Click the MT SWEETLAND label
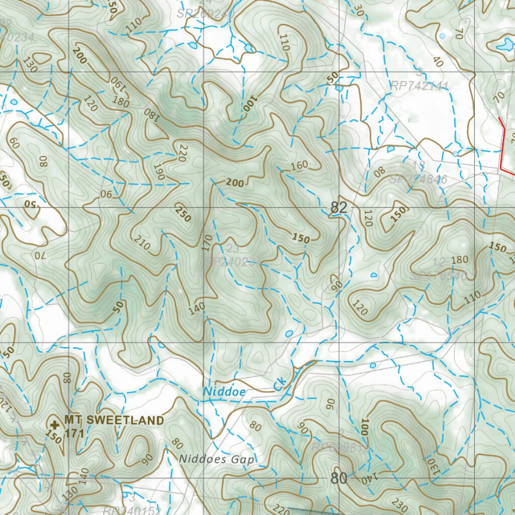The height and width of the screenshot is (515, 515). coord(114,420)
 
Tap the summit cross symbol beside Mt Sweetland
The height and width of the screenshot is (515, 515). coord(55,425)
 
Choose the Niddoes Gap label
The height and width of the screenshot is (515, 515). coord(217,459)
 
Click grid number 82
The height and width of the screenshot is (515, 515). coord(339,208)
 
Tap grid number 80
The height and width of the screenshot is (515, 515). coord(339,478)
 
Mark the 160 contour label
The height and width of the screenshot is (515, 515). coord(299,165)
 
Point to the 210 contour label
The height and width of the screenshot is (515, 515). coord(143,245)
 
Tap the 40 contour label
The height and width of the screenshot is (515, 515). coord(438,62)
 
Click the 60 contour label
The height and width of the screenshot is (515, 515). coord(14,143)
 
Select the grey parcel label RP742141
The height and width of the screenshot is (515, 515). coord(419,86)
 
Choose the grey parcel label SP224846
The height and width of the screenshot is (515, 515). coord(418,180)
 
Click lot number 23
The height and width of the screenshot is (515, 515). coord(233,248)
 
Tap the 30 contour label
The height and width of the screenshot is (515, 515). coord(358,10)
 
